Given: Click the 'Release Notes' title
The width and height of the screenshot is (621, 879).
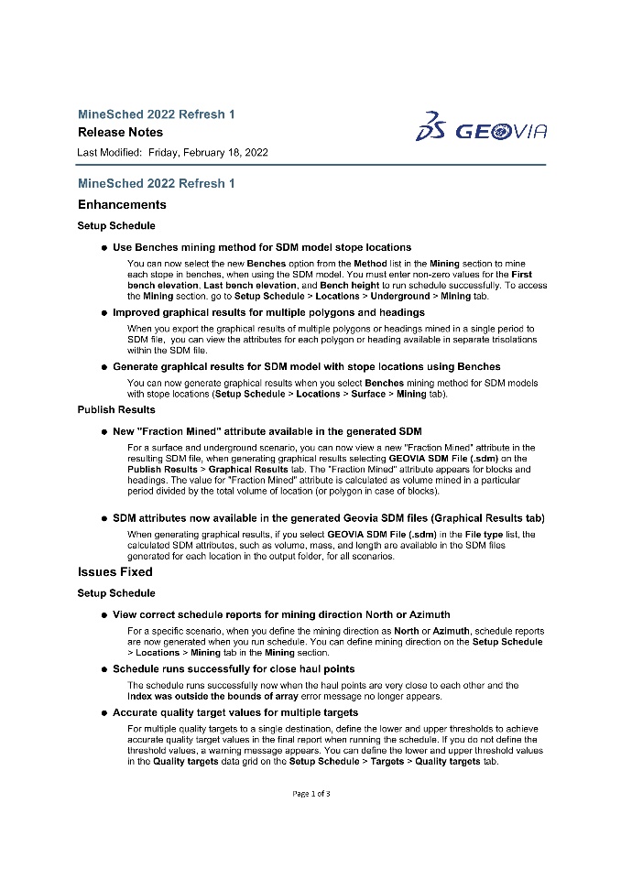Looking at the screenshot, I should pyautogui.click(x=120, y=133).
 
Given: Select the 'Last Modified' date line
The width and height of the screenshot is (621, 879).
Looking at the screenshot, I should pyautogui.click(x=173, y=152).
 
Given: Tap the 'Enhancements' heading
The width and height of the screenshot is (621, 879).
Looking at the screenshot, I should pyautogui.click(x=122, y=204).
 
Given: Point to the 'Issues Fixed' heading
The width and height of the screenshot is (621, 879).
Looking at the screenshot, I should pyautogui.click(x=115, y=571).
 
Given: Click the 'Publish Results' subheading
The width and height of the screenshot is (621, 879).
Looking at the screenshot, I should pyautogui.click(x=116, y=409).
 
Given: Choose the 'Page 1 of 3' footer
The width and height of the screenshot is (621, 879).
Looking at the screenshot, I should pyautogui.click(x=311, y=793).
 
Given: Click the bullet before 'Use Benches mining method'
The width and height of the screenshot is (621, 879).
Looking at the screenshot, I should pyautogui.click(x=104, y=247).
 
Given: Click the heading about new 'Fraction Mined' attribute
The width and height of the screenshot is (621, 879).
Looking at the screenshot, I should pyautogui.click(x=267, y=430).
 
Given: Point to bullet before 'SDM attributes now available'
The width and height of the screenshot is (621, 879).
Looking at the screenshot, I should pyautogui.click(x=104, y=518).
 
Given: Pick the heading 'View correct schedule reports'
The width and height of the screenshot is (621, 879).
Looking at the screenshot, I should pyautogui.click(x=281, y=614).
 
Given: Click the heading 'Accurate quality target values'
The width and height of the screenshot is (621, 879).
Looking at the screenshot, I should pyautogui.click(x=235, y=711).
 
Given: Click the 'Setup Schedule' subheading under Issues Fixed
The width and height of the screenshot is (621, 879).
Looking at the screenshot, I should pyautogui.click(x=116, y=593).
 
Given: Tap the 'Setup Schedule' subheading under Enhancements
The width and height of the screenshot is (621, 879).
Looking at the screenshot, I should pyautogui.click(x=116, y=225).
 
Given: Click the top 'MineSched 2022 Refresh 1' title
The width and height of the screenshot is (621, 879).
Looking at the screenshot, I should pyautogui.click(x=156, y=114).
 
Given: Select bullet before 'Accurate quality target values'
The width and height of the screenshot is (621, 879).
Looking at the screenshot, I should pyautogui.click(x=104, y=711).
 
